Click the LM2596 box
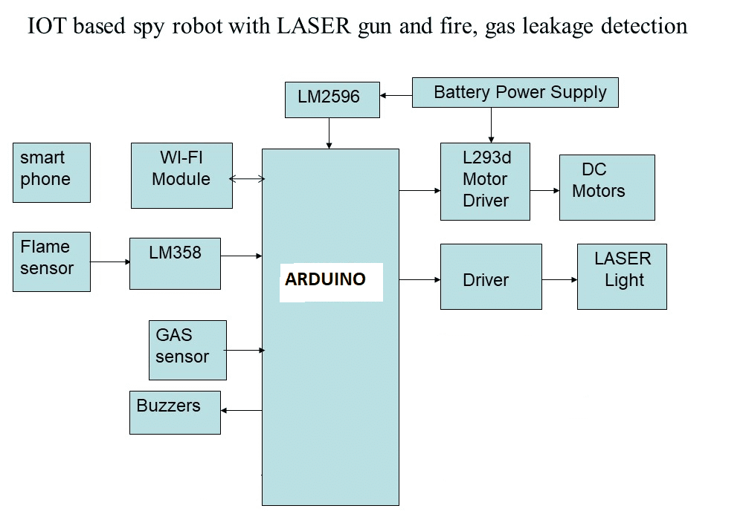click(332, 100)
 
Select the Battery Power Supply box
click(515, 93)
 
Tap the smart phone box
click(51, 172)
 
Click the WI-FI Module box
click(181, 175)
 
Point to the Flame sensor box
click(51, 261)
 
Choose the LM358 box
click(175, 263)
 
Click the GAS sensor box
click(187, 350)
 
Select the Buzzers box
click(175, 412)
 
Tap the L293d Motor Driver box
click(485, 181)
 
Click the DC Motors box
click(607, 187)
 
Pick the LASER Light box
click(622, 276)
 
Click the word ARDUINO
click(326, 280)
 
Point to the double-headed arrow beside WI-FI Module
click(247, 179)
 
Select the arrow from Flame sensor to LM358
click(110, 261)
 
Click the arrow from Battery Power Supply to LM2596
click(396, 95)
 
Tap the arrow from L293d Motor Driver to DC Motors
click(544, 190)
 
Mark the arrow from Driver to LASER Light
click(559, 280)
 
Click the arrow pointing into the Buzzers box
click(241, 410)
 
